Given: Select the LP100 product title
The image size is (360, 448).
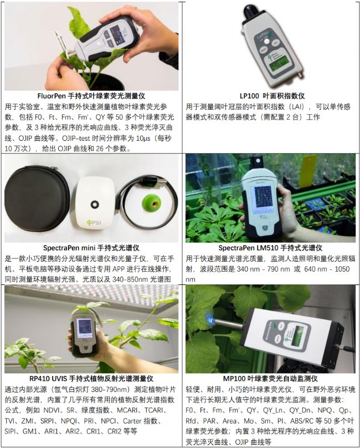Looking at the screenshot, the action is pos(272,96).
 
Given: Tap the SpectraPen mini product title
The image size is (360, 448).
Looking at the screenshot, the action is pos(91,248).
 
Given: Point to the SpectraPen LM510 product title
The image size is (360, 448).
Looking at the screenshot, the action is pos(270,248).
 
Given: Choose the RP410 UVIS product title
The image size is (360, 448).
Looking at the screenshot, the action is pos(91,379).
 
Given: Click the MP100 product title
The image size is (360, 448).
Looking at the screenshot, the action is pos(270,379).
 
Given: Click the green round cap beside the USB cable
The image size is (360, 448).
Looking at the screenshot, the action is pos(152,203).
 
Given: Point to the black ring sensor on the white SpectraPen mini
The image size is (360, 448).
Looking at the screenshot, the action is pos(95,204).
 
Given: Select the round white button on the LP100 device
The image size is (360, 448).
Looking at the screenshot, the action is pos(266,42).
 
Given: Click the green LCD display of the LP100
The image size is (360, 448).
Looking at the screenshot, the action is pos(279,67).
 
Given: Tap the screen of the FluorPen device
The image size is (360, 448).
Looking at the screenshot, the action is pos(115,32).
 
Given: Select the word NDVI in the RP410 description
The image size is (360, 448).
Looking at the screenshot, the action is pos(52,410).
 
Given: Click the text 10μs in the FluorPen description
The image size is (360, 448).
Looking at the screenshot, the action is pos(143,138).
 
